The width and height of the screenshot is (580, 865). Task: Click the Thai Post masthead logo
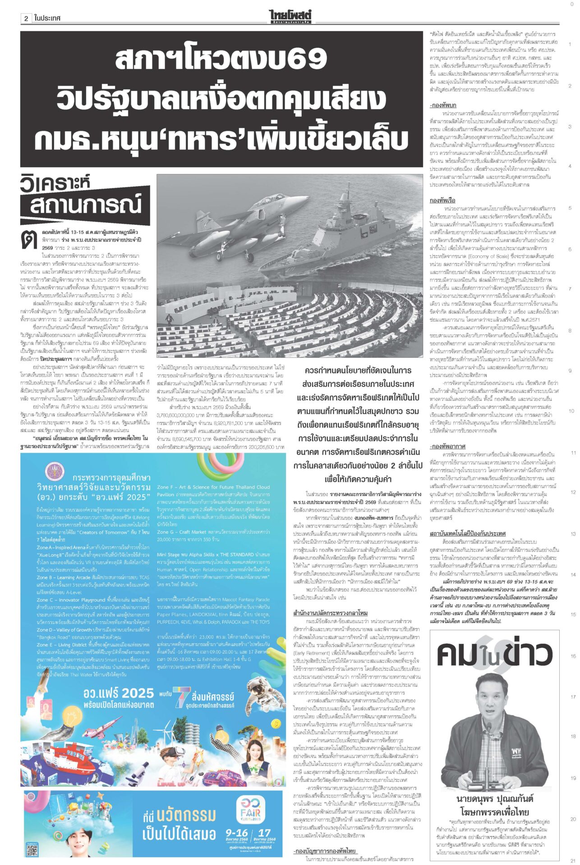pyautogui.click(x=290, y=16)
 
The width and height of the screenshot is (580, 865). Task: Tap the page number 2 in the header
pyautogui.click(x=26, y=18)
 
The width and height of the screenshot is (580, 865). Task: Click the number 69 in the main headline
pyautogui.click(x=308, y=59)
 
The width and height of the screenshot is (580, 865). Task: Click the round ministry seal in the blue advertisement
pyautogui.click(x=56, y=471)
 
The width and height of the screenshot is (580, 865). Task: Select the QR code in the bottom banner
pyautogui.click(x=32, y=850)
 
